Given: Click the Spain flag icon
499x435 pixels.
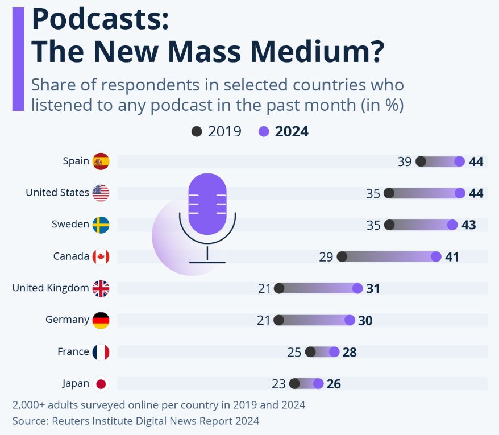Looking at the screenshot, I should [x=101, y=161].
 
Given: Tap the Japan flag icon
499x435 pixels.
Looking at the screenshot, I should [x=101, y=384].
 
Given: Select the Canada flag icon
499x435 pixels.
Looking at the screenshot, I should [x=101, y=256].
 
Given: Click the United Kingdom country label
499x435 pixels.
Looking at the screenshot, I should [x=51, y=288].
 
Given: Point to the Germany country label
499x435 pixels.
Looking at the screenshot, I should [x=67, y=320].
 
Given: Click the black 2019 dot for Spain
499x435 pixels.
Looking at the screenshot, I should [x=421, y=161].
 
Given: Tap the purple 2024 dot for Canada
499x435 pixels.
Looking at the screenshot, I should [x=436, y=256].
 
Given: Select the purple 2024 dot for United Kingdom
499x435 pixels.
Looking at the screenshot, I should [x=357, y=288].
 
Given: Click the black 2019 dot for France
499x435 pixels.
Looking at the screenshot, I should [x=310, y=352].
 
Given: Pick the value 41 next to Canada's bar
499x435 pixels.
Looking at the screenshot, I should [x=452, y=257].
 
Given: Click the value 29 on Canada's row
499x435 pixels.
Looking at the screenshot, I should [x=326, y=257].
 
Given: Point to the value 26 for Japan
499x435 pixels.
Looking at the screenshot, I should [x=334, y=384].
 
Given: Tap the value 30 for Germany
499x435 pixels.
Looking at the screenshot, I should [x=365, y=321].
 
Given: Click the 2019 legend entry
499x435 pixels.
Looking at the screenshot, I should [x=217, y=131].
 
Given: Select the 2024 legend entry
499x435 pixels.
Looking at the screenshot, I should [x=284, y=131].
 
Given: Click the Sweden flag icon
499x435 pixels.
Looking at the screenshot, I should [x=101, y=225].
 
